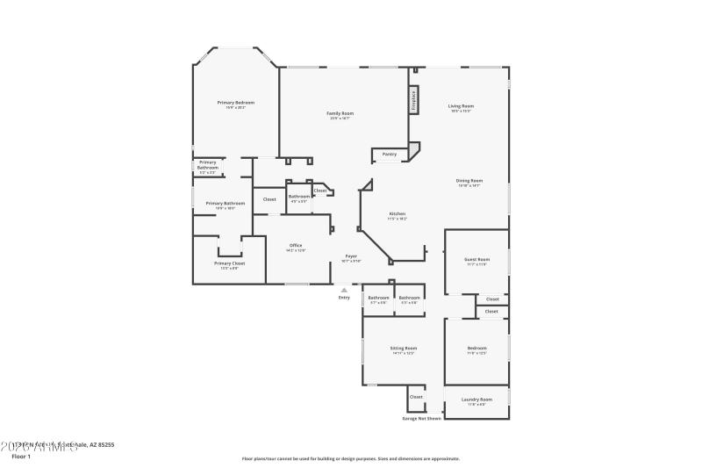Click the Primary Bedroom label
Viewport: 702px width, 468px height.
tap(236, 103)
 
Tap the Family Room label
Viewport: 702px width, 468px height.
tap(340, 113)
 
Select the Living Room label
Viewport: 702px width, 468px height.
tap(462, 106)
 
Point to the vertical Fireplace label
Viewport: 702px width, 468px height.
tap(412, 100)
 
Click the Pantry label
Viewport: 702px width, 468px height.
tap(390, 155)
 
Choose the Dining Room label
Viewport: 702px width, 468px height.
tap(469, 181)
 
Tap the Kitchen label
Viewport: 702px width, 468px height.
tap(397, 214)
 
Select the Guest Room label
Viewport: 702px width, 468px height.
tap(476, 260)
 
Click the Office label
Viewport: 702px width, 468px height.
tap(296, 246)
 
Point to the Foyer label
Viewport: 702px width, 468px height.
tap(350, 256)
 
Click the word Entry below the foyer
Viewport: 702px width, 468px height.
tap(344, 298)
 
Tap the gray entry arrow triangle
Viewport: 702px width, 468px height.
tap(344, 289)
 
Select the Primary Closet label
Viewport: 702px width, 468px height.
tap(229, 263)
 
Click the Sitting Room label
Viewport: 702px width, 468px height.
tap(404, 349)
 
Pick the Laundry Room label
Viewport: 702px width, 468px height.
tap(476, 400)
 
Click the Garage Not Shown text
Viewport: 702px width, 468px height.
tap(421, 418)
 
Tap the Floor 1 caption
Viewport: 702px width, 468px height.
tap(21, 457)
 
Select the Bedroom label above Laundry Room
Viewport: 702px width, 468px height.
tap(476, 349)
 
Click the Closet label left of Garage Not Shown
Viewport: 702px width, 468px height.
tap(416, 397)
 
